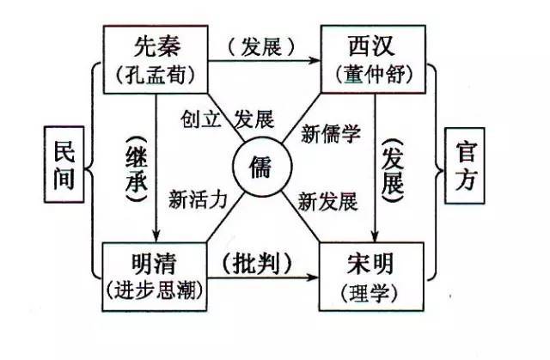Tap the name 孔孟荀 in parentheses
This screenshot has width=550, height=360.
(x=156, y=75)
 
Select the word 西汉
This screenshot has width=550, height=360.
(x=372, y=46)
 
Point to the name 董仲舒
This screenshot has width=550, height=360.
(x=374, y=74)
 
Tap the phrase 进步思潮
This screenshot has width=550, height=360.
(x=155, y=290)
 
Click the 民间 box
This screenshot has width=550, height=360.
(x=64, y=164)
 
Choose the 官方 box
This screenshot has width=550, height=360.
(x=465, y=166)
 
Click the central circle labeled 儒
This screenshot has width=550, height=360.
(x=262, y=167)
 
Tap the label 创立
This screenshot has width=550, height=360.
(x=200, y=119)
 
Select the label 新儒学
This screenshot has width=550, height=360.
(x=330, y=133)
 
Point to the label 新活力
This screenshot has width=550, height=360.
(x=198, y=200)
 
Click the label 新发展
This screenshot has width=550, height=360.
(x=327, y=202)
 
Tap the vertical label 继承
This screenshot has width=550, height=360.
(x=137, y=169)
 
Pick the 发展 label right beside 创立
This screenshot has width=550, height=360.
(x=254, y=119)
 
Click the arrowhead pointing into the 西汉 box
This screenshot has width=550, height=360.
(x=315, y=61)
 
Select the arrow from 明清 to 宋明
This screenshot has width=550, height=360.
(x=263, y=278)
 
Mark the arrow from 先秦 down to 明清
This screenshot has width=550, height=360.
(x=156, y=168)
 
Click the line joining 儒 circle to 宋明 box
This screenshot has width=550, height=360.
(x=302, y=217)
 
